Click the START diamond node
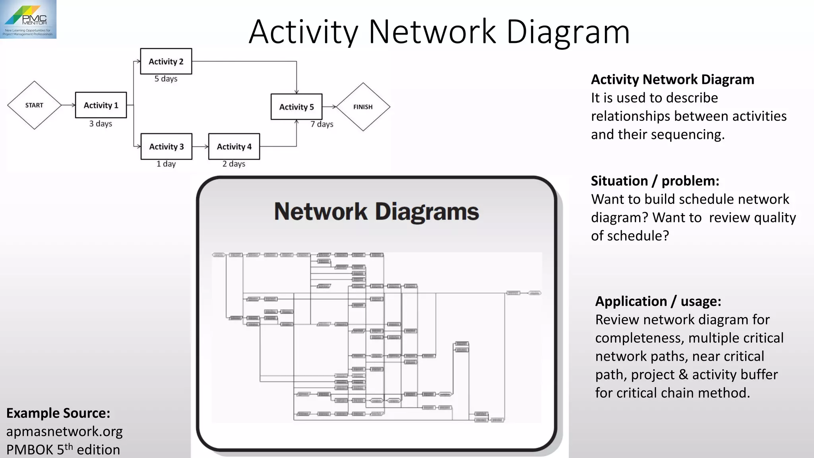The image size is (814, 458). tap(34, 105)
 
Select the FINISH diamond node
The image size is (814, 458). tap(363, 107)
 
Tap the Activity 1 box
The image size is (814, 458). tap(101, 105)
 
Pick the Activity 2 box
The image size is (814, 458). tap(166, 62)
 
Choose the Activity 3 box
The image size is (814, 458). tap(167, 147)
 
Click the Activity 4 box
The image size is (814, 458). tap(234, 147)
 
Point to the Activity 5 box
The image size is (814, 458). tap(297, 107)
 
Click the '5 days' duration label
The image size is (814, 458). tap(166, 79)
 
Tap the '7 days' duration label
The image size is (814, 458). tap(322, 124)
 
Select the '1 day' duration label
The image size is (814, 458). tap(166, 164)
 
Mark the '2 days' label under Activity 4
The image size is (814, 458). tap(234, 164)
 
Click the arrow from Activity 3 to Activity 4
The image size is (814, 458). tap(200, 147)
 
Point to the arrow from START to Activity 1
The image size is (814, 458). tap(68, 105)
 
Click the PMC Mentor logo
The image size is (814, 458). tap(28, 19)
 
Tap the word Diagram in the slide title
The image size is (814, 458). tap(568, 32)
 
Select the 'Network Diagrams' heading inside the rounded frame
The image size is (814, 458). tap(376, 212)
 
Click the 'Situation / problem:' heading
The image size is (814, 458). tap(655, 181)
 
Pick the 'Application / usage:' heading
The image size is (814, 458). tap(658, 301)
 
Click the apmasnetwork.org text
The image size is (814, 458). tap(64, 431)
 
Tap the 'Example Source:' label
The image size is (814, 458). tap(58, 413)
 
